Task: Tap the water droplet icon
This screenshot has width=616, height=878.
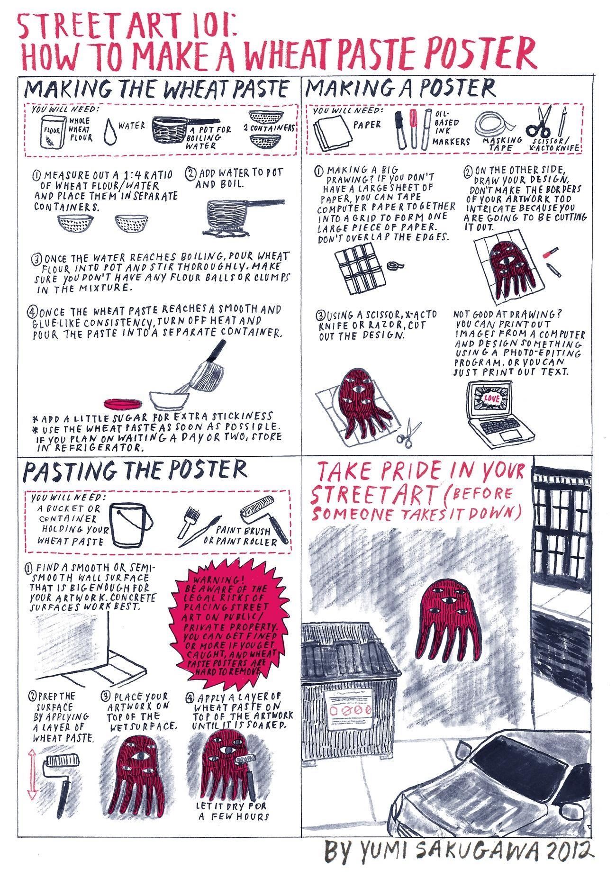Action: (110, 130)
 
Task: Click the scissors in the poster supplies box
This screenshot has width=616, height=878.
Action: (540, 121)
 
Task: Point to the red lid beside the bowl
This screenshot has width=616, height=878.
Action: (123, 403)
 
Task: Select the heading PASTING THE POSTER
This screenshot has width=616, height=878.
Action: (136, 470)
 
